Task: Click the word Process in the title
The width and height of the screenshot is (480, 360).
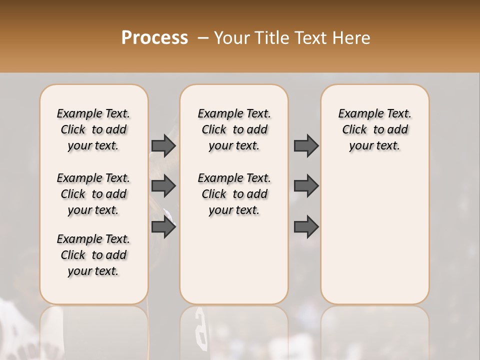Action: pyautogui.click(x=154, y=38)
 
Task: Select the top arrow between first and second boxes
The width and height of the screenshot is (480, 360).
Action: pyautogui.click(x=163, y=146)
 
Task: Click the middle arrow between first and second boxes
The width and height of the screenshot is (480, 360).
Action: pyautogui.click(x=163, y=186)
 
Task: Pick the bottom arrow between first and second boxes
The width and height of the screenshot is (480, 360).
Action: pyautogui.click(x=163, y=227)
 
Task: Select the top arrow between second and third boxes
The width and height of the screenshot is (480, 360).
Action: pyautogui.click(x=306, y=146)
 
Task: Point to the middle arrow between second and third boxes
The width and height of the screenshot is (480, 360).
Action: pyautogui.click(x=306, y=186)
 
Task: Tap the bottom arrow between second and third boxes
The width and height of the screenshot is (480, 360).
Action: pyautogui.click(x=306, y=227)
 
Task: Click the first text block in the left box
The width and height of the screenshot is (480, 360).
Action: pyautogui.click(x=93, y=129)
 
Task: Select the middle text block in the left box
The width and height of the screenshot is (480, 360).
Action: pyautogui.click(x=93, y=194)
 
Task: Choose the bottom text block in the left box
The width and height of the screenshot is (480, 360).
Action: pyautogui.click(x=93, y=255)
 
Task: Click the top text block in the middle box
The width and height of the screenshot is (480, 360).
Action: pyautogui.click(x=234, y=129)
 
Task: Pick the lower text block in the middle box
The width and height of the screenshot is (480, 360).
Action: pyautogui.click(x=234, y=194)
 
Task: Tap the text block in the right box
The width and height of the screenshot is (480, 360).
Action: pyautogui.click(x=374, y=129)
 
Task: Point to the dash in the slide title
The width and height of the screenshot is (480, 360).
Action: pyautogui.click(x=203, y=38)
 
